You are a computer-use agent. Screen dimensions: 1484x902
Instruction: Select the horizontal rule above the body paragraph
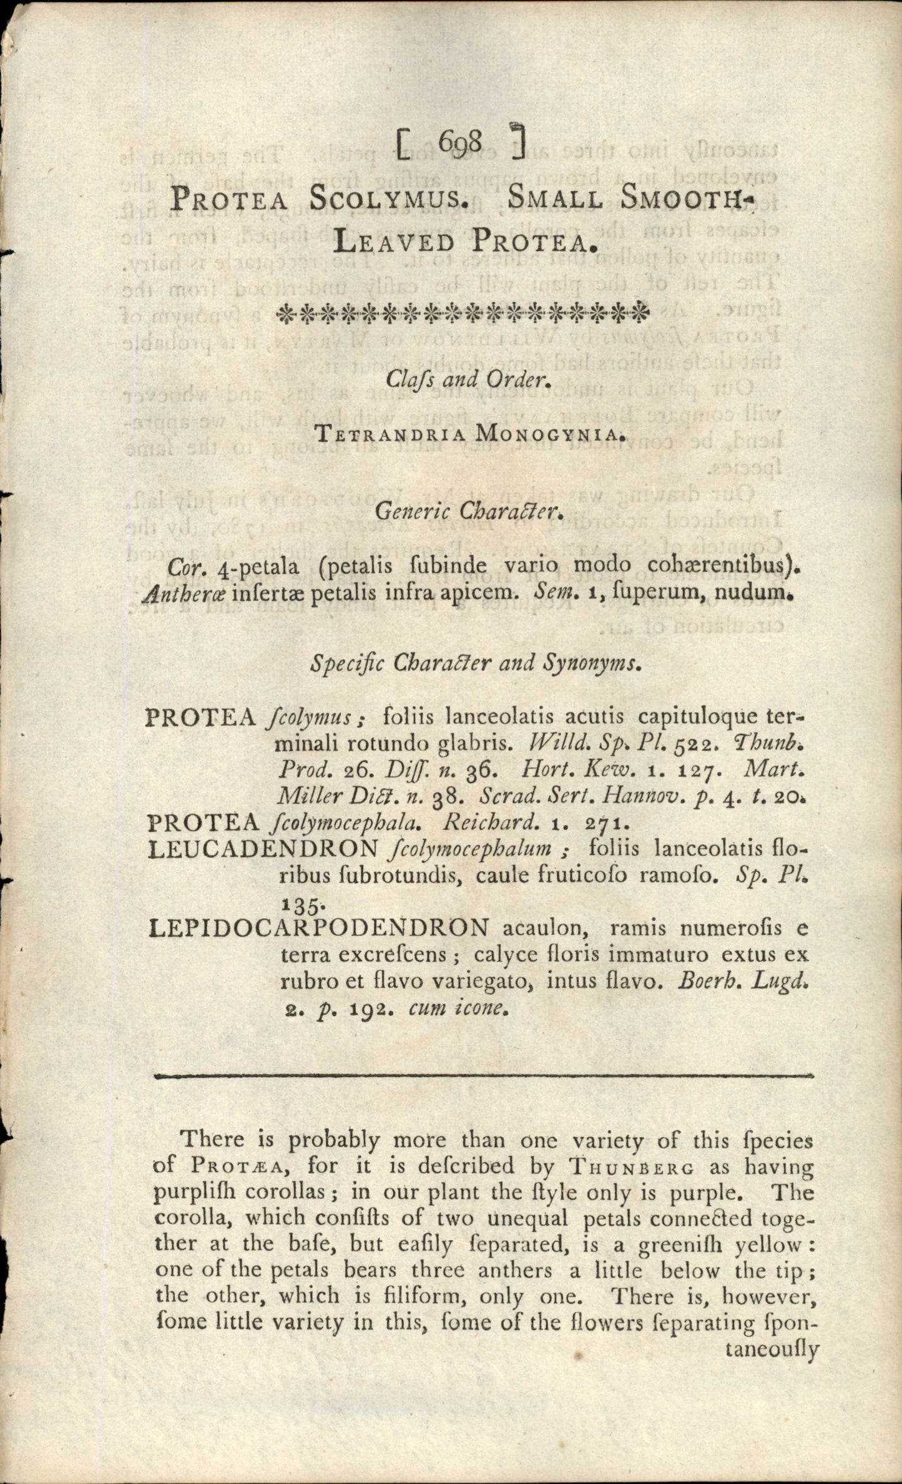(483, 1075)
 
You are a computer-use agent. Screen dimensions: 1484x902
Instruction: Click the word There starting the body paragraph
(212, 1140)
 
